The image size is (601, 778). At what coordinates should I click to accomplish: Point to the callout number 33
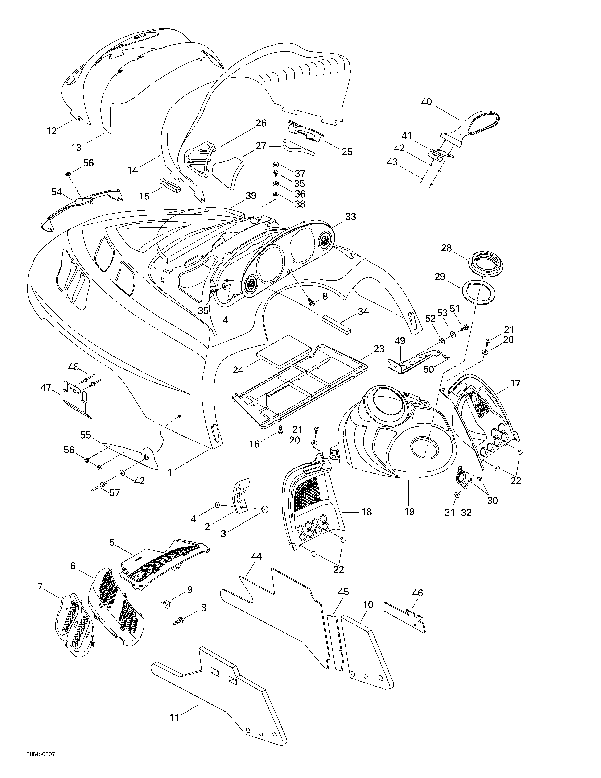tap(351, 217)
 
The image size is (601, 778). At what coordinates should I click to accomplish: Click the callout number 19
tap(409, 512)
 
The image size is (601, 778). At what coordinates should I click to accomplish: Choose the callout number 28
tap(446, 248)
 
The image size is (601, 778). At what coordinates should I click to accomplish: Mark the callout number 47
tap(46, 388)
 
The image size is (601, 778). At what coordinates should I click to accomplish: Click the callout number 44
tap(257, 556)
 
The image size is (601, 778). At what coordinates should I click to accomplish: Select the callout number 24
tap(238, 370)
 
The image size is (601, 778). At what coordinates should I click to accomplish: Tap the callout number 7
tap(40, 586)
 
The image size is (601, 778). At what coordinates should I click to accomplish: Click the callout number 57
tap(115, 493)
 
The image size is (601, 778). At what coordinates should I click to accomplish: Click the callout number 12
tap(52, 131)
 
